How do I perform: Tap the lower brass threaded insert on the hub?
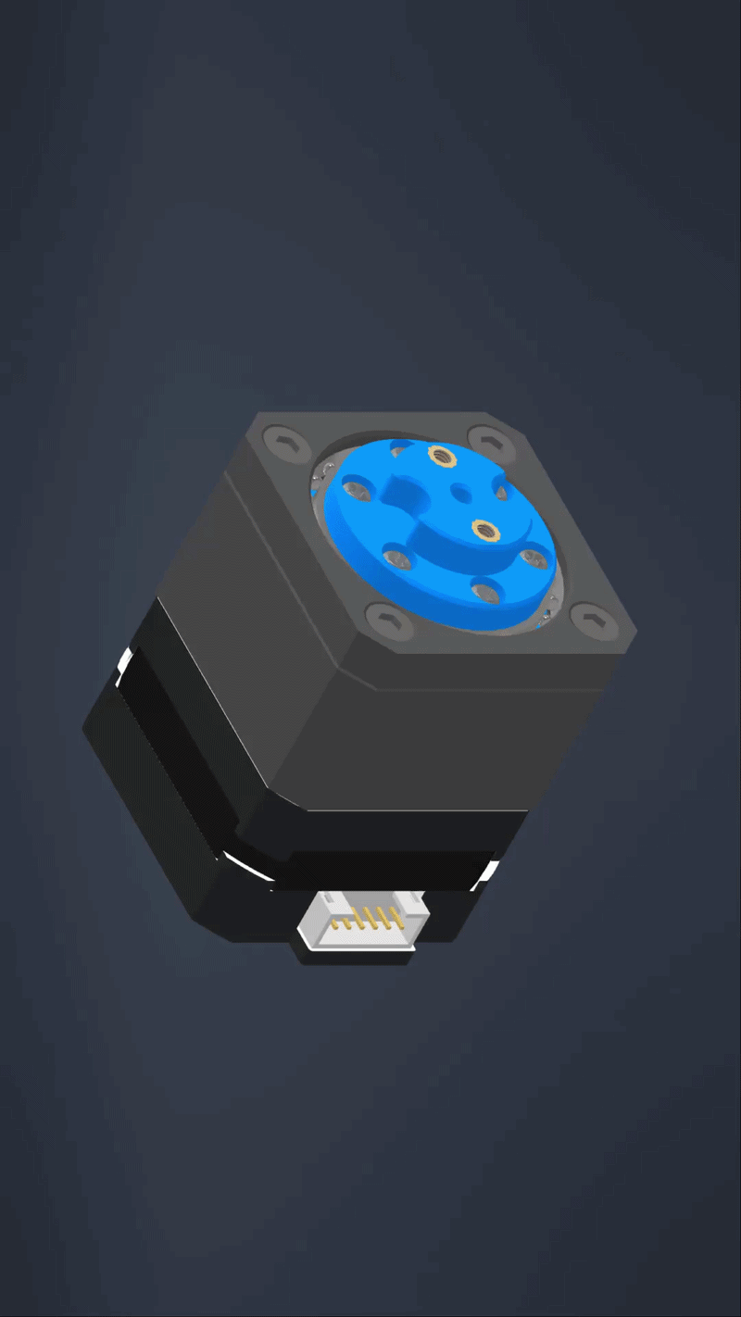click(x=483, y=529)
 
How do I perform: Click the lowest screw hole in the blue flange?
click(x=484, y=587)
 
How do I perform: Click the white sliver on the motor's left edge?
click(x=122, y=667)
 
